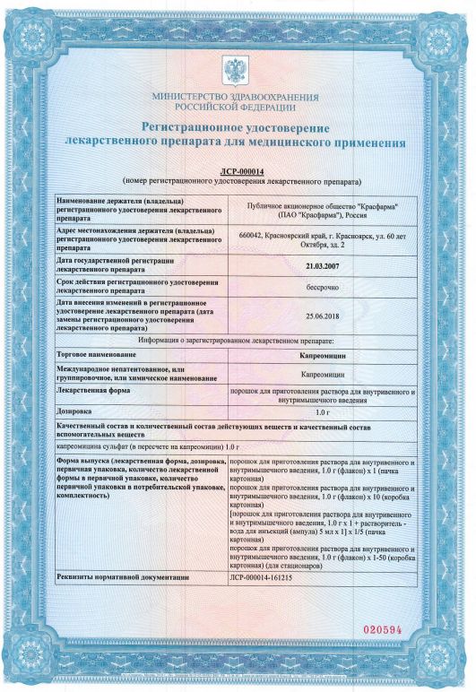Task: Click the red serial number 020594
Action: [x=394, y=628]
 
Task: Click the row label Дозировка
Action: [x=77, y=411]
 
